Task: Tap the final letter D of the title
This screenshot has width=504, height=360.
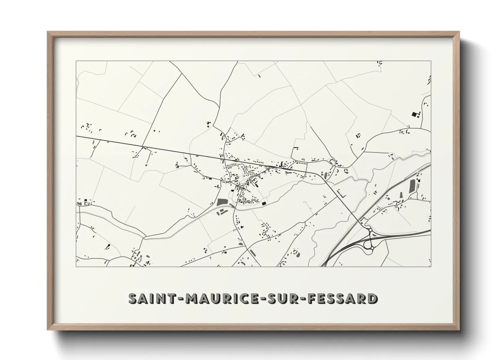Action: pyautogui.click(x=372, y=298)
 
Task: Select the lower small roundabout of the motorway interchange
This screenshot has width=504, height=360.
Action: pyautogui.click(x=372, y=249)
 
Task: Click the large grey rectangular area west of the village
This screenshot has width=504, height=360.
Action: pyautogui.click(x=222, y=202)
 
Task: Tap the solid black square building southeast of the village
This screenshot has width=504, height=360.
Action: pyautogui.click(x=264, y=203)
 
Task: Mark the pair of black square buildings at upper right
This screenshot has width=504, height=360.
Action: pyautogui.click(x=416, y=114)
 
